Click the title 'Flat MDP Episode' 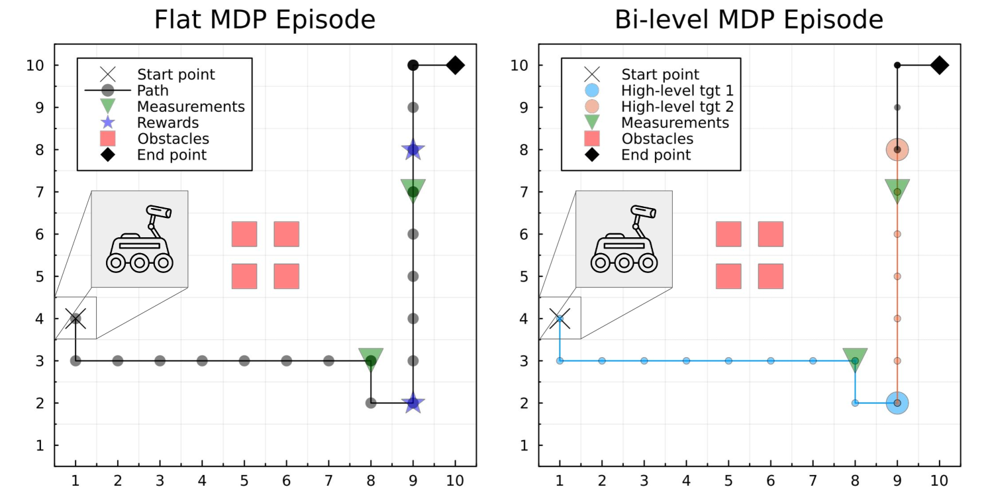click(265, 20)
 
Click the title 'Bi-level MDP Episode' click(749, 20)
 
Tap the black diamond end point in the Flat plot click(455, 65)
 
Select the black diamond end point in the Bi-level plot click(939, 65)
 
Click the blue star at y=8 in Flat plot click(413, 150)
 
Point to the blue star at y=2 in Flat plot click(413, 402)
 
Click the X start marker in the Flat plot click(75, 319)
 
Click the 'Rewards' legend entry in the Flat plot click(168, 123)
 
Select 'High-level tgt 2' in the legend click(677, 107)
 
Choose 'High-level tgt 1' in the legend click(677, 91)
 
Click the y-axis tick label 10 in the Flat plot click(36, 66)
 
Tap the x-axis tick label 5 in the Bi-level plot click(728, 480)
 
